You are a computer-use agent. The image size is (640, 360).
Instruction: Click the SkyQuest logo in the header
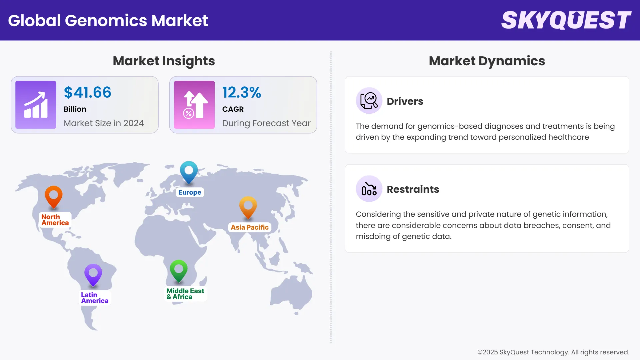566,20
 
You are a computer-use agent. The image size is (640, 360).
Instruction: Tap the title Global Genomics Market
108,20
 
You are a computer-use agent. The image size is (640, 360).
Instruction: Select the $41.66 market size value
87,92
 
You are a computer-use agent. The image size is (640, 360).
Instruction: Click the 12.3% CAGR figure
242,92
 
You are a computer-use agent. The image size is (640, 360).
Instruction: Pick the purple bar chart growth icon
36,105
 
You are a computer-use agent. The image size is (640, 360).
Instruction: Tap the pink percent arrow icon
194,105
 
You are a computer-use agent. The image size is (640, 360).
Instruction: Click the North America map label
55,220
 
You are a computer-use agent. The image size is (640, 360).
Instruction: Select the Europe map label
190,192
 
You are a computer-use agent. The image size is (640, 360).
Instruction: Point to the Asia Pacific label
250,227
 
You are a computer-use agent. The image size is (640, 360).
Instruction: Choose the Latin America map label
95,298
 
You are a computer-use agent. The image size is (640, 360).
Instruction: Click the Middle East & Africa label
185,294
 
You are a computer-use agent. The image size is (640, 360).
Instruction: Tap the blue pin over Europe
189,171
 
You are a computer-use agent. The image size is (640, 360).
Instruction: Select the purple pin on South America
93,274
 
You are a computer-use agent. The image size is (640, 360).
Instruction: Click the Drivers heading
405,101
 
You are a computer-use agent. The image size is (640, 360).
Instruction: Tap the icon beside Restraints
369,189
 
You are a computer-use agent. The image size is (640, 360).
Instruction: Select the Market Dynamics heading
487,61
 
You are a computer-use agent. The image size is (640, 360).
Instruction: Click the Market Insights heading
164,61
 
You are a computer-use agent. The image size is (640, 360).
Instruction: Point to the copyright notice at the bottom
553,352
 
